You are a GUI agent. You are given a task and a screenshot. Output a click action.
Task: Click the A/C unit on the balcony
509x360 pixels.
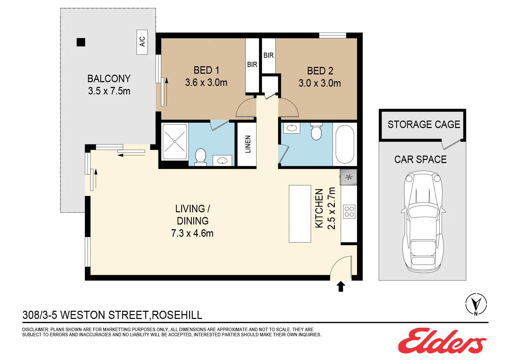142,42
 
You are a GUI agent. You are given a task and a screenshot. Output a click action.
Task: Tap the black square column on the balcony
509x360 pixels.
81,42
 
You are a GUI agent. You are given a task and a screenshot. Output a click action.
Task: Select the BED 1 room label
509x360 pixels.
206,70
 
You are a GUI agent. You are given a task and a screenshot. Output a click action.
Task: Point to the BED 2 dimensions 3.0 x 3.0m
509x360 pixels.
320,83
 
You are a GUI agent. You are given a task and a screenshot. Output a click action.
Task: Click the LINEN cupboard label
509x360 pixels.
248,144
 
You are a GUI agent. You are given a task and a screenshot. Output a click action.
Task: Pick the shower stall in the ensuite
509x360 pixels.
174,142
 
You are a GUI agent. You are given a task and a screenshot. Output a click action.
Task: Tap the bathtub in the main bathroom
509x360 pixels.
345,144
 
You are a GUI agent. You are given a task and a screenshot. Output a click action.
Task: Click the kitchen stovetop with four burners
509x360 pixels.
349,212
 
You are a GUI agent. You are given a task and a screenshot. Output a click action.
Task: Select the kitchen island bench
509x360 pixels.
300,214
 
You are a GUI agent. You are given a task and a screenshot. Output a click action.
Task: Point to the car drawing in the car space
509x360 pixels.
423,221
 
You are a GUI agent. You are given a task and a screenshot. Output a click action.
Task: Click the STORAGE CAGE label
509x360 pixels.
424,124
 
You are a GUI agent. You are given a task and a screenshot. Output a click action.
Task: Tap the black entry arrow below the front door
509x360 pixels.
341,286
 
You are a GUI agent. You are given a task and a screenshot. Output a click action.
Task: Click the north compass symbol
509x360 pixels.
476,304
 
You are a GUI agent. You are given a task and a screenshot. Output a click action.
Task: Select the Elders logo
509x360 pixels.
442,340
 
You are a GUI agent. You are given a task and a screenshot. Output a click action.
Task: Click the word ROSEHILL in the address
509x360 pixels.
177,315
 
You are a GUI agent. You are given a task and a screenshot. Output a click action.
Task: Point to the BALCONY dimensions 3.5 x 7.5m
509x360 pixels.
109,91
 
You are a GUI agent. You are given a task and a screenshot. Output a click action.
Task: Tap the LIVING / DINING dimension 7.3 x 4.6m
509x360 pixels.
192,233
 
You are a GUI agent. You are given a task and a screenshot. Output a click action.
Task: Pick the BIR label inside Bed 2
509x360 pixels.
268,55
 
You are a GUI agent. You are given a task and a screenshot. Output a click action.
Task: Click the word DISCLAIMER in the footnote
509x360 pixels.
35,329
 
